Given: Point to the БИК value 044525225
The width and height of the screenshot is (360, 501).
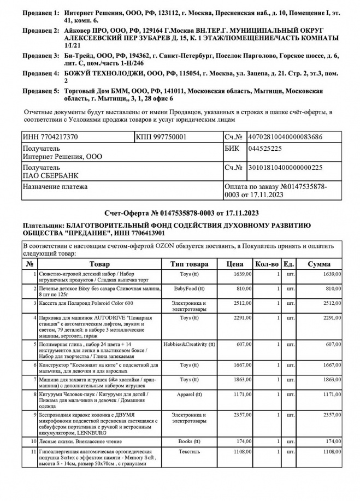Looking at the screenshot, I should tap(265, 149).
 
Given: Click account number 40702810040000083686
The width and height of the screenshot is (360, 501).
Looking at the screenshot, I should tap(285, 137).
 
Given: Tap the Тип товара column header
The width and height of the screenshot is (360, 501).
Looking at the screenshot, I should tap(189, 264).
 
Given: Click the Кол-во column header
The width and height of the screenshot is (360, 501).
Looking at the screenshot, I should tap(267, 264).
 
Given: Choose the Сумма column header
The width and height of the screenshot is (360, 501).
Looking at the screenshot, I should tap(318, 264).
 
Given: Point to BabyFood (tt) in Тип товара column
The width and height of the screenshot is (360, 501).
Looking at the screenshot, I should tap(189, 288).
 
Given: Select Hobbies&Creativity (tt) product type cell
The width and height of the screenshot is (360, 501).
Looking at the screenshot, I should tap(189, 344).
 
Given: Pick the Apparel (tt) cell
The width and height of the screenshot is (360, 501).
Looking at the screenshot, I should tap(189, 394).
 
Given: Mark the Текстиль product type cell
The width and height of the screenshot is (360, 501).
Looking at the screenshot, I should tap(189, 452).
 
